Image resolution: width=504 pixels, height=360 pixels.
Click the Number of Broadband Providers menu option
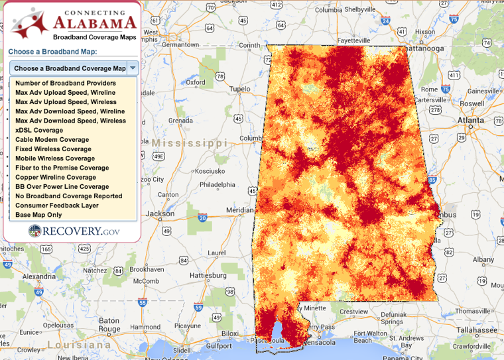click(65, 83)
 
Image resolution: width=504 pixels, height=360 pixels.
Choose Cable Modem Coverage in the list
click(52, 140)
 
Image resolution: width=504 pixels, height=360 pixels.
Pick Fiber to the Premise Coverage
click(62, 168)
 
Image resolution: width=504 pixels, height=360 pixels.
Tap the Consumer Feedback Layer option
click(56, 206)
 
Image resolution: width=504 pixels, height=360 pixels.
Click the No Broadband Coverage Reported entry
click(68, 196)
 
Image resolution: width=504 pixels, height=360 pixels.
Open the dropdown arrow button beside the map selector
click(133, 68)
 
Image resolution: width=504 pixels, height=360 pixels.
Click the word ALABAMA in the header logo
click(90, 25)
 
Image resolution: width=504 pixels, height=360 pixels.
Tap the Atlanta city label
click(471, 120)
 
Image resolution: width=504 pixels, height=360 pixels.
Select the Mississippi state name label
click(189, 143)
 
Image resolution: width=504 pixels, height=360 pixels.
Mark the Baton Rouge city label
click(109, 325)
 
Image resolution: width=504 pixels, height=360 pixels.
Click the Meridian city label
click(239, 210)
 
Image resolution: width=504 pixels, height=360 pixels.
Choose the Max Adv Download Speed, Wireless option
click(70, 121)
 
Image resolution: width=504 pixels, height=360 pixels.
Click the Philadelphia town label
click(218, 185)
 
